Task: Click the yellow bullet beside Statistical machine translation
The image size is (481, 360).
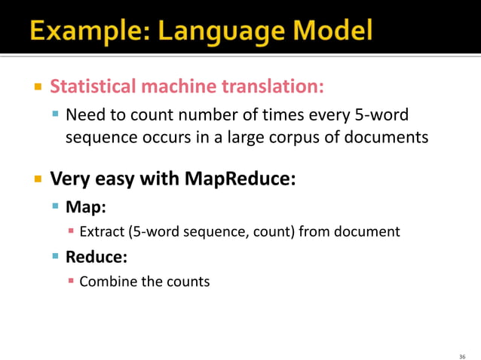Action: point(37,87)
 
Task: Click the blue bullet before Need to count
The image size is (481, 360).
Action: point(55,116)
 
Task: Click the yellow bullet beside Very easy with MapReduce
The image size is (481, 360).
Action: point(37,180)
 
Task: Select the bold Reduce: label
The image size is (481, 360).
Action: point(96,257)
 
